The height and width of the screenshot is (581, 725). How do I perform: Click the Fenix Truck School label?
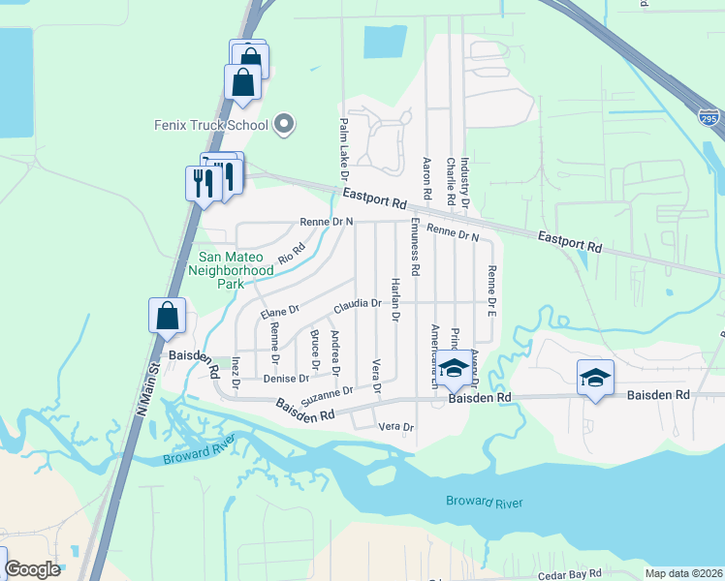coord(211,125)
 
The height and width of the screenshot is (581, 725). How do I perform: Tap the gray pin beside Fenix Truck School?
coord(284,123)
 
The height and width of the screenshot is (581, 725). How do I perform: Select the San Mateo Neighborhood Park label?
coord(236,263)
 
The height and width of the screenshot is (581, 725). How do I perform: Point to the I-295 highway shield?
coord(709,116)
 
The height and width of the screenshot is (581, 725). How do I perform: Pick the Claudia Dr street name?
coord(358,304)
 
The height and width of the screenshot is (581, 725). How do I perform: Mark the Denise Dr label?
coord(286,379)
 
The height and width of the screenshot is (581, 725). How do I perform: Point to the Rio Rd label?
coord(291,254)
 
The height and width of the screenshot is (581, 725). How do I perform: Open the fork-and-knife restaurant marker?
coord(202,181)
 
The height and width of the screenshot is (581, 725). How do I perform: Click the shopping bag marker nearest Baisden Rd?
coord(167,316)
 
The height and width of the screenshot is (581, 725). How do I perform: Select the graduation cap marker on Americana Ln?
coord(453,368)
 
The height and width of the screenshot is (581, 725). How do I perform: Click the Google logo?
coord(33,570)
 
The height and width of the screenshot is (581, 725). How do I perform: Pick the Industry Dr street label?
coord(465,184)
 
